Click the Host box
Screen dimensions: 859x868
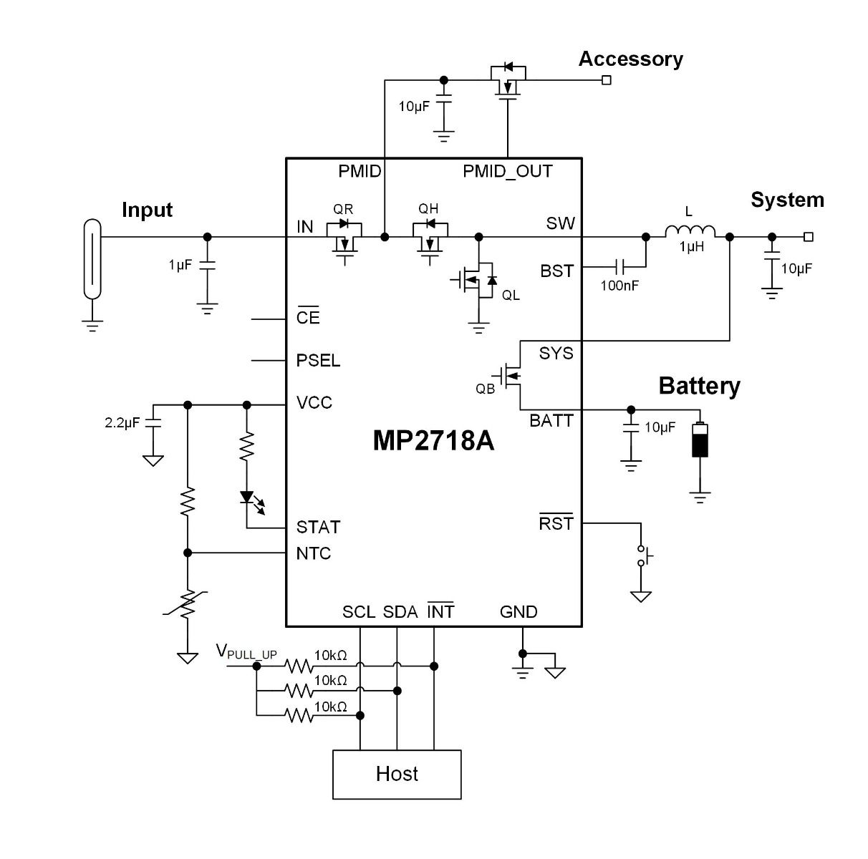point(397,774)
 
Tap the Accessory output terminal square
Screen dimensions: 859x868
point(607,80)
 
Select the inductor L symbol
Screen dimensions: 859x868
point(690,231)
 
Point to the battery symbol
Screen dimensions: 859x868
point(700,440)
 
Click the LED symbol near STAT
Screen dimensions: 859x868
point(248,497)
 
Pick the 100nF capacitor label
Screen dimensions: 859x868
point(619,286)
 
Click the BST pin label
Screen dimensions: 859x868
point(557,271)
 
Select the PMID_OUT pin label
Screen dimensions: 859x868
point(508,171)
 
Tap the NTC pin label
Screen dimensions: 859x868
point(314,553)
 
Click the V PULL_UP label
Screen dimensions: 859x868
point(246,652)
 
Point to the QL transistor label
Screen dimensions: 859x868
point(511,296)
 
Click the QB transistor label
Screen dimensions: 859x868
point(485,389)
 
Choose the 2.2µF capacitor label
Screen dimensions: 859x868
point(122,423)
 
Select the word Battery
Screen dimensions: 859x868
point(699,386)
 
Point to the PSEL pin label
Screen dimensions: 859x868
point(318,360)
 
